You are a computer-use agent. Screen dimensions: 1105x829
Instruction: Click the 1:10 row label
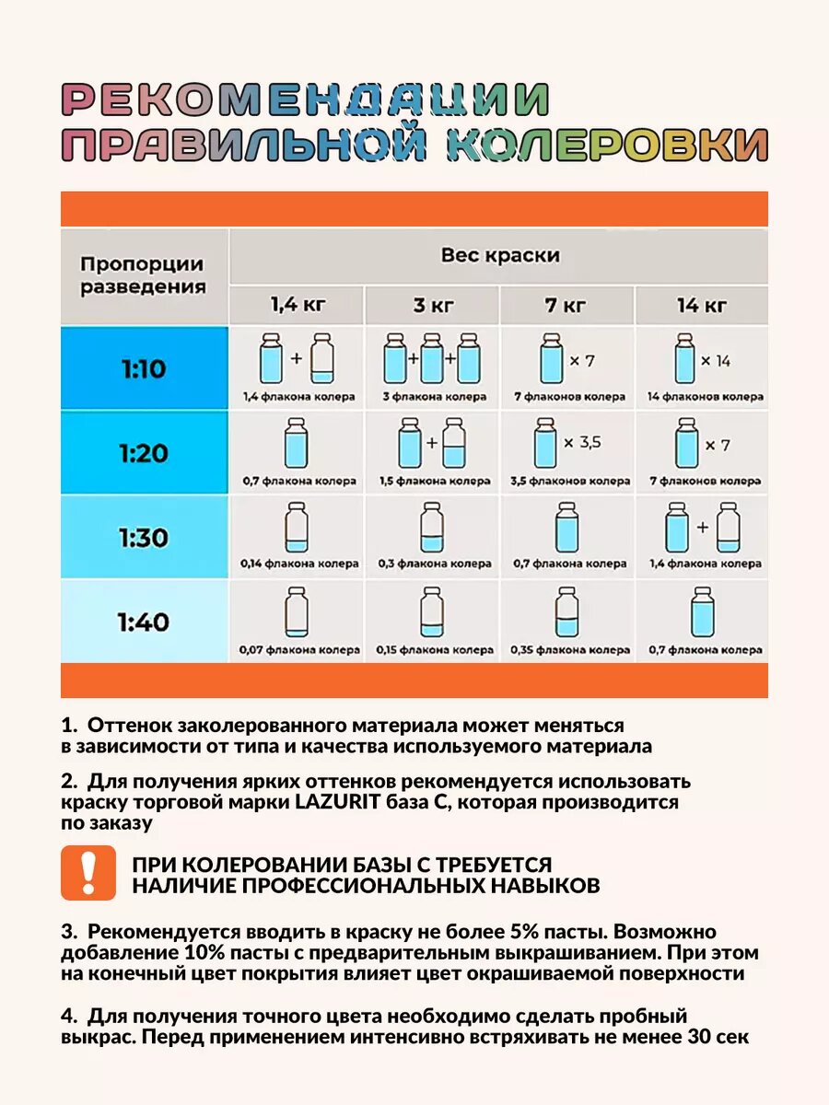click(x=143, y=369)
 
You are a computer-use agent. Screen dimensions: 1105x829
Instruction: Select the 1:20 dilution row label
click(x=143, y=452)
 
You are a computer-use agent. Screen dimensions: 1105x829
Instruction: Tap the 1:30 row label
click(x=143, y=537)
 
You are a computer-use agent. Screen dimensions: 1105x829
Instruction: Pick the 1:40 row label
click(x=143, y=622)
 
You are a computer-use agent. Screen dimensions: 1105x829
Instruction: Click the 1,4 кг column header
click(x=297, y=305)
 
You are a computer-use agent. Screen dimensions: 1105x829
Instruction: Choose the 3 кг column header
click(x=431, y=305)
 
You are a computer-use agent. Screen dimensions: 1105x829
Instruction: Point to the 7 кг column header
click(x=567, y=305)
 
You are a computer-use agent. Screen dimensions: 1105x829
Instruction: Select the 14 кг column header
click(x=702, y=305)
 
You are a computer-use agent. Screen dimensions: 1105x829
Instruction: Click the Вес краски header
click(x=499, y=255)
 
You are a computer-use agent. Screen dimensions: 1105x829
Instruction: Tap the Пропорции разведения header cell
click(x=143, y=274)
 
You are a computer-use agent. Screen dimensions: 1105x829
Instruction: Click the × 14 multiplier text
click(x=716, y=361)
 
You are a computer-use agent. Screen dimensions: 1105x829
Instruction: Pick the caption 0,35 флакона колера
click(x=567, y=650)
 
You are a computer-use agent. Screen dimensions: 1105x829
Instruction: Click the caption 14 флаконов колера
click(x=705, y=397)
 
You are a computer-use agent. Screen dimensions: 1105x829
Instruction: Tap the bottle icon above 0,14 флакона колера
click(x=297, y=527)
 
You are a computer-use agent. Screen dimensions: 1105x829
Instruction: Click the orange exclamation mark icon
click(x=88, y=872)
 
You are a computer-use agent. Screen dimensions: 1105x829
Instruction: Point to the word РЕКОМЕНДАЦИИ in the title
click(x=306, y=99)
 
